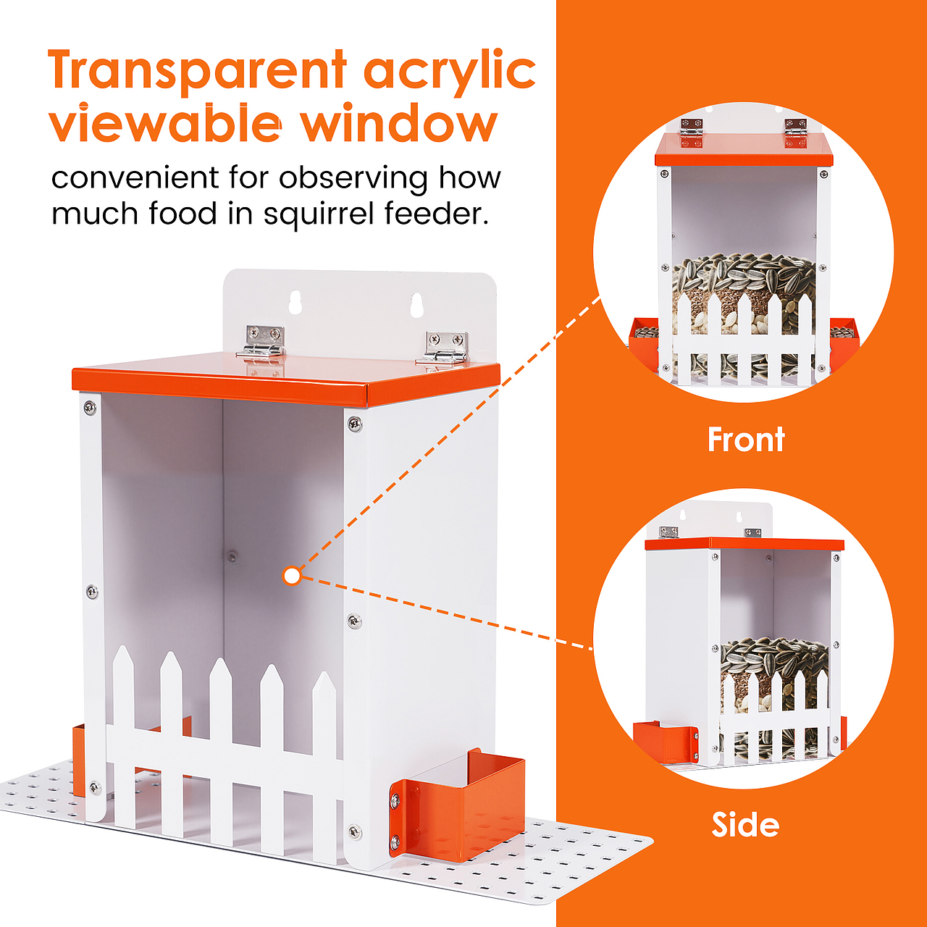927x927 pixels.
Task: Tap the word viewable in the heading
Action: pos(165,122)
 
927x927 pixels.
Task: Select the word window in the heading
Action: pos(399,122)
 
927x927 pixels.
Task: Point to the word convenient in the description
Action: pos(135,178)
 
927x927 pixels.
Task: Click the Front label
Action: pos(746,439)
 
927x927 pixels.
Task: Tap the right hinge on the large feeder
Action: pos(443,348)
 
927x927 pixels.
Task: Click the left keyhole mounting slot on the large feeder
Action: pos(295,302)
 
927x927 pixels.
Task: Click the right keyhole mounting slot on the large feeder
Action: pos(416,304)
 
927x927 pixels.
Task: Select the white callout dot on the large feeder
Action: pos(292,576)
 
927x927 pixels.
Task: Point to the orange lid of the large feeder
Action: pos(286,379)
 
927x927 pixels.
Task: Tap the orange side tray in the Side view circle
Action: pos(666,742)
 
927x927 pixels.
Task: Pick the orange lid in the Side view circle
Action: pos(744,544)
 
